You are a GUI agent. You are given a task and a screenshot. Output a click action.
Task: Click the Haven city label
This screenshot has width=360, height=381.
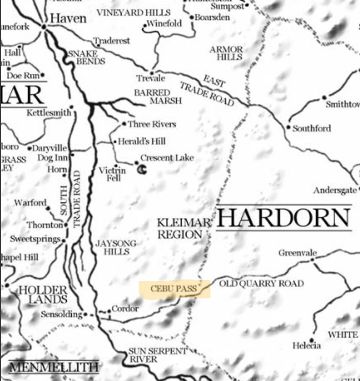click(68, 18)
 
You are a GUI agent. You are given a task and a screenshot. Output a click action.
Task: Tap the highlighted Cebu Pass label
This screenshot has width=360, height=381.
click(174, 288)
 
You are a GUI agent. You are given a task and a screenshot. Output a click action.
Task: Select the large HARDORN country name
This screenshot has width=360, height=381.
click(284, 218)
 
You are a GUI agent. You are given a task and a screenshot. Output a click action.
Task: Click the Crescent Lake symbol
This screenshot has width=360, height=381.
click(142, 169)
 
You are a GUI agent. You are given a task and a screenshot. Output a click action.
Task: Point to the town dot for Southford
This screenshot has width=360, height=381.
click(288, 127)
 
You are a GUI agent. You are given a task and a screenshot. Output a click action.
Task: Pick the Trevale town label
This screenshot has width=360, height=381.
click(151, 78)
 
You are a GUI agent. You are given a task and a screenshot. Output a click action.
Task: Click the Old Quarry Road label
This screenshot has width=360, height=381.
click(261, 283)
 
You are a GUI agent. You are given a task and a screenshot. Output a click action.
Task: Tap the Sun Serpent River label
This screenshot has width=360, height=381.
click(158, 355)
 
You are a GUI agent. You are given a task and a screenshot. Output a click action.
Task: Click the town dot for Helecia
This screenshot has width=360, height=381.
click(311, 339)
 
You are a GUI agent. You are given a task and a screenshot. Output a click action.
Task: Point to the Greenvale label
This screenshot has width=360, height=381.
click(298, 253)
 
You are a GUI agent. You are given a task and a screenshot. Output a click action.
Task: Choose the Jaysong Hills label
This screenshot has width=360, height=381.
click(116, 248)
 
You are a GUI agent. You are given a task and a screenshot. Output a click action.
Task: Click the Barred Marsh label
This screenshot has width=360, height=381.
click(158, 97)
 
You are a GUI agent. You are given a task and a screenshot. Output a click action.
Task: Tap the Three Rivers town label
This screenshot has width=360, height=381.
click(152, 124)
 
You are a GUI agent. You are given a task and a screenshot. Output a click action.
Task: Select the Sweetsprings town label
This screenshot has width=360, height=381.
click(35, 239)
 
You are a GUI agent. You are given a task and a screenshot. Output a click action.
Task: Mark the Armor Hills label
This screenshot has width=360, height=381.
click(226, 53)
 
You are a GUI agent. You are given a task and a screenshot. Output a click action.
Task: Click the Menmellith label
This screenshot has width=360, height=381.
click(54, 367)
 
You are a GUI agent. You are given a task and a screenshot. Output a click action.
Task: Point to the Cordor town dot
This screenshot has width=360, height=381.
click(109, 311)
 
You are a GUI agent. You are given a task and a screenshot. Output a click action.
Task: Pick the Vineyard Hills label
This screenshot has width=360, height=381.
click(134, 13)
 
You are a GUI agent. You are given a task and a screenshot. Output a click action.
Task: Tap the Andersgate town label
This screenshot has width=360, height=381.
click(335, 190)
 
